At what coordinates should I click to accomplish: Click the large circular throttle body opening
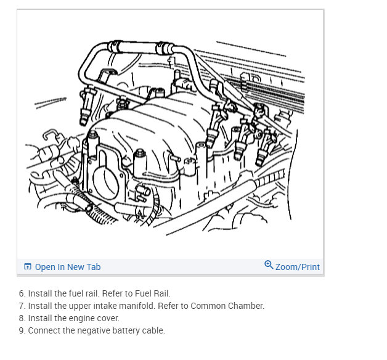105,183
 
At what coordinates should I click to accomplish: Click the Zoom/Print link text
298,267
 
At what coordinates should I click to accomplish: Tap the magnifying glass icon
269,264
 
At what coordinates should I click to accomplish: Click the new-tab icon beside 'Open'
28,266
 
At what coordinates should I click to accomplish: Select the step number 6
22,293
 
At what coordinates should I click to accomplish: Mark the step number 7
22,306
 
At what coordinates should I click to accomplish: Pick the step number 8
22,318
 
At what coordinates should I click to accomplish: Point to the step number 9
22,330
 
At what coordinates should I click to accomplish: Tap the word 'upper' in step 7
79,306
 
